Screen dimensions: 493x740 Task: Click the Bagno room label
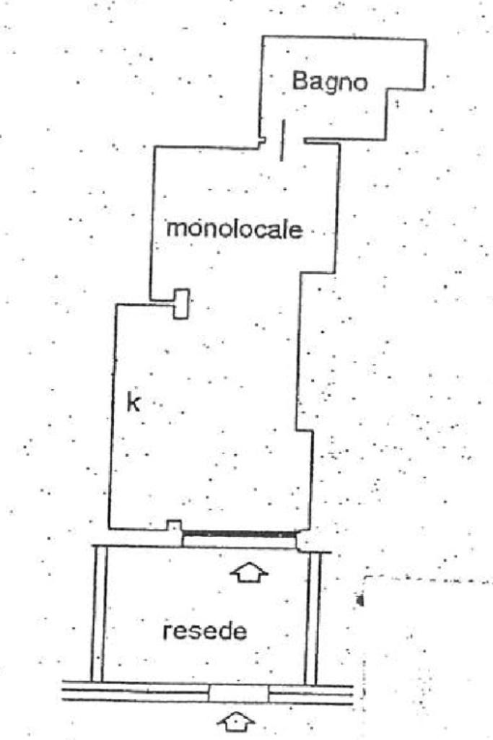point(329,81)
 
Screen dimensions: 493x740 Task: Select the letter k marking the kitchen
point(133,403)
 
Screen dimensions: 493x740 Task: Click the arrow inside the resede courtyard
point(248,573)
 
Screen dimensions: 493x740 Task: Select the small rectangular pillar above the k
point(181,303)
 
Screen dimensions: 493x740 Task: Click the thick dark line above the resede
point(240,535)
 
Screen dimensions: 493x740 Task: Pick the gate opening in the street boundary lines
point(238,693)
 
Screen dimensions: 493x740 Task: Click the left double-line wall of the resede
point(98,614)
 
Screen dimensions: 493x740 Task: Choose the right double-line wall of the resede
point(311,617)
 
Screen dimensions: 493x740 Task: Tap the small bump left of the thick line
point(173,525)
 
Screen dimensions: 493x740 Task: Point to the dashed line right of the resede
point(426,579)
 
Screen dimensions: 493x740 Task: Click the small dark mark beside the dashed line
point(359,599)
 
